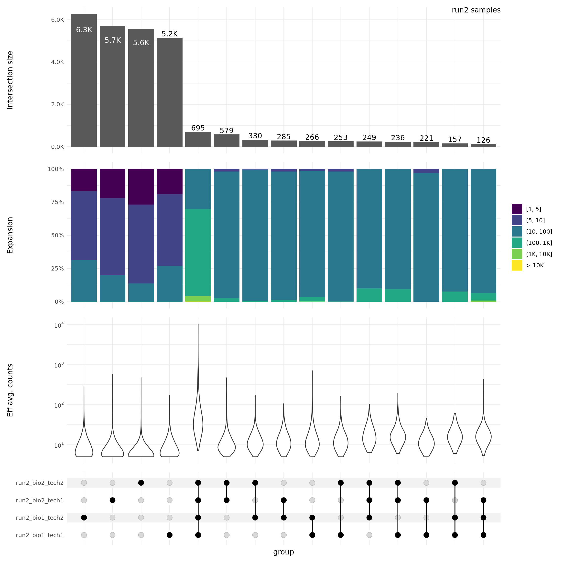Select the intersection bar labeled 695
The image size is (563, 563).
198,139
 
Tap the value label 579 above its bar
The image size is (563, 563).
227,130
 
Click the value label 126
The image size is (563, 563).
483,140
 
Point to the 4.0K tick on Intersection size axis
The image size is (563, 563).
57,62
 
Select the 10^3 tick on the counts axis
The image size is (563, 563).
59,365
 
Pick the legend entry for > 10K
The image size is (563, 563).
534,265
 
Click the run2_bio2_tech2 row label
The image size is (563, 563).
40,483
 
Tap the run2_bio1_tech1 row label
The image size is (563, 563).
40,535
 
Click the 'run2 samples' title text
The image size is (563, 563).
476,10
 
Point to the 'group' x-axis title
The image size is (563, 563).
283,552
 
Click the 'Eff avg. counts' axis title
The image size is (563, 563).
10,390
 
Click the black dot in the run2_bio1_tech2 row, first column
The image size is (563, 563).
84,518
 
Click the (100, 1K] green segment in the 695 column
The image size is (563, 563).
198,252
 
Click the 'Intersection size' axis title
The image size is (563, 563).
10,80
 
